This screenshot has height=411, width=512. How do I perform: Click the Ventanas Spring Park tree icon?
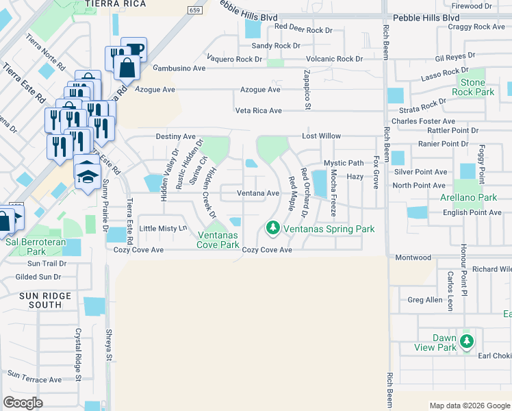coord(272,227)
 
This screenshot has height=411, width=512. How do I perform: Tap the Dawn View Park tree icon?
coord(467,340)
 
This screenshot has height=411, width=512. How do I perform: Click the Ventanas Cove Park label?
coord(218,240)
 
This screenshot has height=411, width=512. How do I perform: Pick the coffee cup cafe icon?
coord(135,49)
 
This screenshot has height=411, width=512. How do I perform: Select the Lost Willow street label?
coord(321,137)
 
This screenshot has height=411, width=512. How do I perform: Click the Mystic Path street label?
coord(344,163)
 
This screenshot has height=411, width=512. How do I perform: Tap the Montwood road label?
coord(413,258)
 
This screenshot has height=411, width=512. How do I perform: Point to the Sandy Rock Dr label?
coord(276,46)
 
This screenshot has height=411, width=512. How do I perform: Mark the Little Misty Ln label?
coord(163,228)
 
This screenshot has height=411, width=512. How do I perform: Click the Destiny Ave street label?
coord(176,137)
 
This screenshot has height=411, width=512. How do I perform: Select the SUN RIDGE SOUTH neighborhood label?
coord(40,300)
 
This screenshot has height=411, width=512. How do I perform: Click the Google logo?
coord(23,403)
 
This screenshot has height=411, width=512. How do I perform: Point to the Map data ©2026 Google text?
coord(469,406)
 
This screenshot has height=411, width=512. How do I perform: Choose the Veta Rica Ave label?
coord(258,110)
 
